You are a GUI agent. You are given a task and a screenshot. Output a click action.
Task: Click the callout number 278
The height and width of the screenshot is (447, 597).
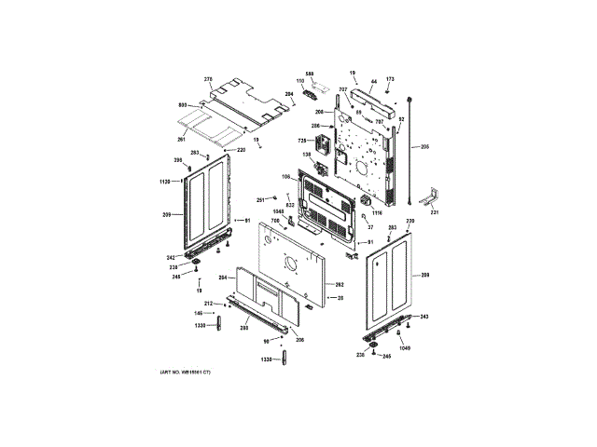[x=208, y=80]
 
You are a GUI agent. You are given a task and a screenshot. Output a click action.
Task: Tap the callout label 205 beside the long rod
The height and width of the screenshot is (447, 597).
[x=424, y=147]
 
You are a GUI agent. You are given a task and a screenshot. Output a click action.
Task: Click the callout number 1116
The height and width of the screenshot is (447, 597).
[x=377, y=214]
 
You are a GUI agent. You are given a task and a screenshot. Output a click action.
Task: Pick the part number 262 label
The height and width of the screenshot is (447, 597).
[x=340, y=284]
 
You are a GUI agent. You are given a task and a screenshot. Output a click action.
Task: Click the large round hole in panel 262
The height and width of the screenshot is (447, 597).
[x=292, y=262]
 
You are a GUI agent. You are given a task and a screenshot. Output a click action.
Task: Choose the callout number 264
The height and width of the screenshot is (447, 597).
[x=223, y=278]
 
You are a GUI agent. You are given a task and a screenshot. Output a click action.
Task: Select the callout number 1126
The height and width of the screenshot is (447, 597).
[x=164, y=181]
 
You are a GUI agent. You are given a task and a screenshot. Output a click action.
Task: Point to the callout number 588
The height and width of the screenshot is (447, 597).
[x=310, y=74]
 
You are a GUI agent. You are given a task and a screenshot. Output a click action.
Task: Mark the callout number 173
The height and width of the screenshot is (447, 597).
[x=390, y=78]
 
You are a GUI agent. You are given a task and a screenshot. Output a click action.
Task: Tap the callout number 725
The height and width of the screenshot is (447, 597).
[x=302, y=140]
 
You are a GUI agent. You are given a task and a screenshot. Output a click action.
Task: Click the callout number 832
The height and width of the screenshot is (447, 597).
[x=290, y=205]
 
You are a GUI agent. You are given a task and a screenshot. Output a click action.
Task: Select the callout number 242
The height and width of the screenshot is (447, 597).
[x=171, y=257]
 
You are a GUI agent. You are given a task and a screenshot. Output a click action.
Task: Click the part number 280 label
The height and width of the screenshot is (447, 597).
[x=243, y=327]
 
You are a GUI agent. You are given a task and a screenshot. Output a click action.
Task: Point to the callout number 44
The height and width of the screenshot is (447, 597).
[x=372, y=81]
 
